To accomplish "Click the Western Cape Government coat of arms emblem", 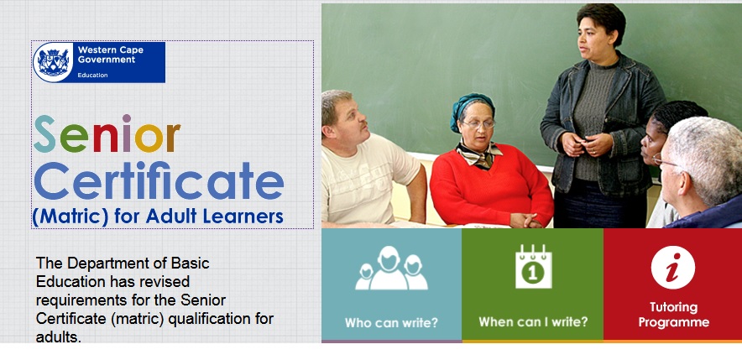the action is tap(53, 62).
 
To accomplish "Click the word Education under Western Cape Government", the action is tap(92, 76).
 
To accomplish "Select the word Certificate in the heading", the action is tap(159, 180).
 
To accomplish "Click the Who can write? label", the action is tap(391, 322).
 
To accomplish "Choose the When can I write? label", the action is tap(533, 322).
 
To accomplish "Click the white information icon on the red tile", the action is tap(673, 268).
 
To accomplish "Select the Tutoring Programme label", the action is tap(673, 315).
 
